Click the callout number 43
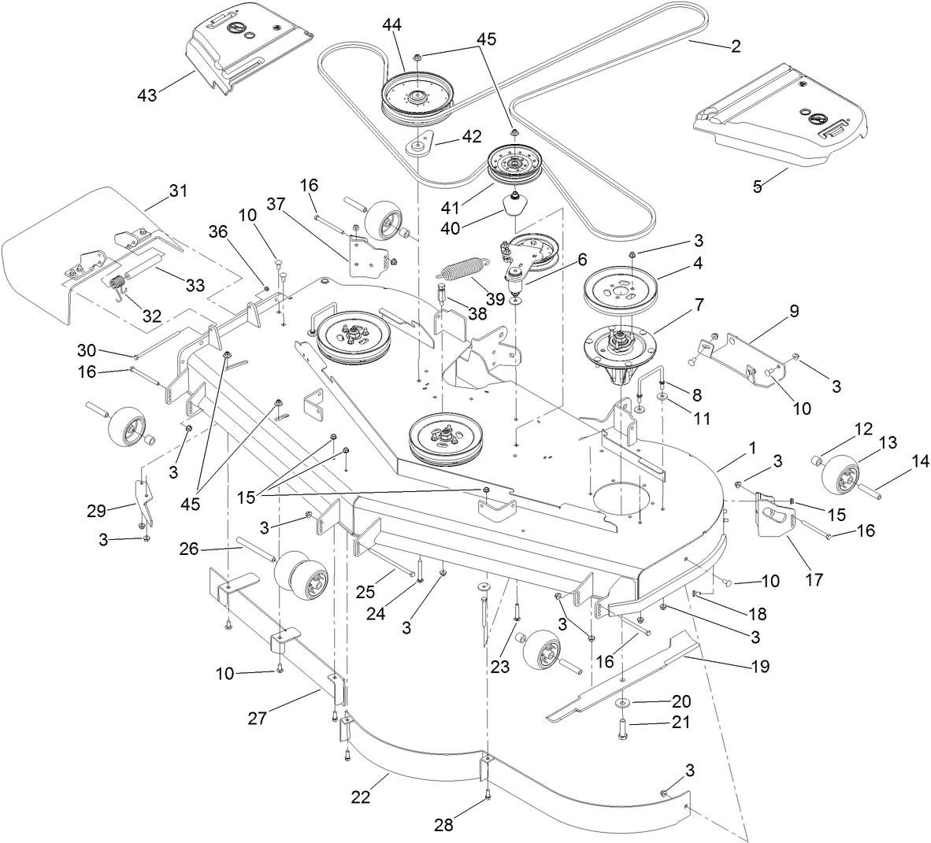(x=147, y=94)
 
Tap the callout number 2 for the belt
(x=735, y=46)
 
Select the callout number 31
(x=179, y=191)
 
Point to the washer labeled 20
(x=622, y=701)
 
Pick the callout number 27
(x=258, y=718)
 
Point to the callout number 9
(x=794, y=311)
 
